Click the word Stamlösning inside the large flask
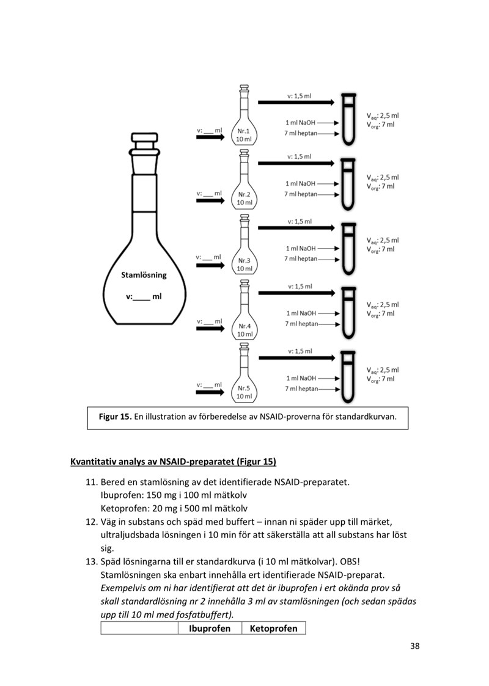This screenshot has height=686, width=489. click(143, 275)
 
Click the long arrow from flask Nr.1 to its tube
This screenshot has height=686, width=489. click(296, 102)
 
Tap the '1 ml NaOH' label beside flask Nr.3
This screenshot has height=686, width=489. click(301, 249)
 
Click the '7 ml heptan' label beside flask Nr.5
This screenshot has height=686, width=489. click(301, 389)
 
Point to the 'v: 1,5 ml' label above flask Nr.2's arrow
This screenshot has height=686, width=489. click(300, 156)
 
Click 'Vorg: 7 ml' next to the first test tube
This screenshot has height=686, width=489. click(381, 124)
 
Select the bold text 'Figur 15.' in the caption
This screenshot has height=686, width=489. click(115, 417)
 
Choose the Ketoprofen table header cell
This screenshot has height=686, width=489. click(273, 628)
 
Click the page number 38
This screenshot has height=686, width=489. click(414, 646)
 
